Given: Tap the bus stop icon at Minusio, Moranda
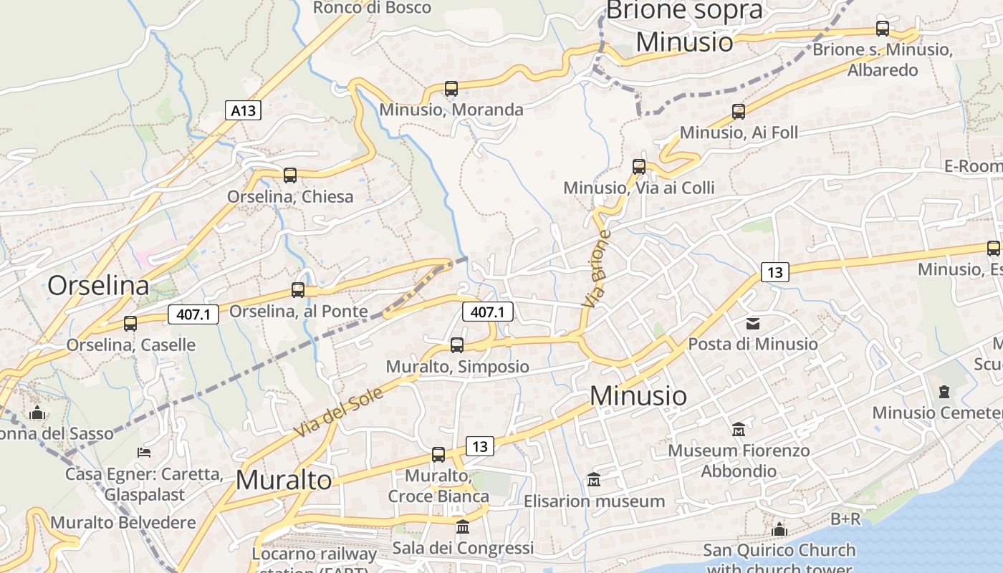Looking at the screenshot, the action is click(x=451, y=89).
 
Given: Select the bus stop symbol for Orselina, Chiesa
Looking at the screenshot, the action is click(x=290, y=175).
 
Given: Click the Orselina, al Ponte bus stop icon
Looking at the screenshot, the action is click(x=298, y=290).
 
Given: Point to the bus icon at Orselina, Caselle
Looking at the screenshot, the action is click(x=130, y=324).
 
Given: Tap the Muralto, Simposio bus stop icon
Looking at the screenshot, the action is click(x=457, y=345).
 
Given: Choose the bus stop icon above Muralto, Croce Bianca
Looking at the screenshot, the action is click(x=438, y=455).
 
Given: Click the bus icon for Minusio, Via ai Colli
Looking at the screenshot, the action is click(x=639, y=167).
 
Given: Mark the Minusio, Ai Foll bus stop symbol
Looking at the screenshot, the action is click(x=739, y=112).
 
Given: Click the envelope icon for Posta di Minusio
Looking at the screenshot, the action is click(x=753, y=324).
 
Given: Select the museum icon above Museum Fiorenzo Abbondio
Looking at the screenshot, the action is click(x=739, y=430).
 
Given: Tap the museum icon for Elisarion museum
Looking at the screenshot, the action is click(x=594, y=480).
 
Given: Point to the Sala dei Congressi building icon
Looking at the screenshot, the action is click(x=463, y=527).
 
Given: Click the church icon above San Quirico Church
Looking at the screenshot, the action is click(x=779, y=530).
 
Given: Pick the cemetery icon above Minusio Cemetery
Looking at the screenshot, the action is click(x=944, y=392).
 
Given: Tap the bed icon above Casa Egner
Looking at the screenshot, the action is click(x=144, y=453).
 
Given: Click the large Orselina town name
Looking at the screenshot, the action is click(x=98, y=286).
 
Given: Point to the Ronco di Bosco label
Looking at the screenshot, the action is click(x=373, y=8).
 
